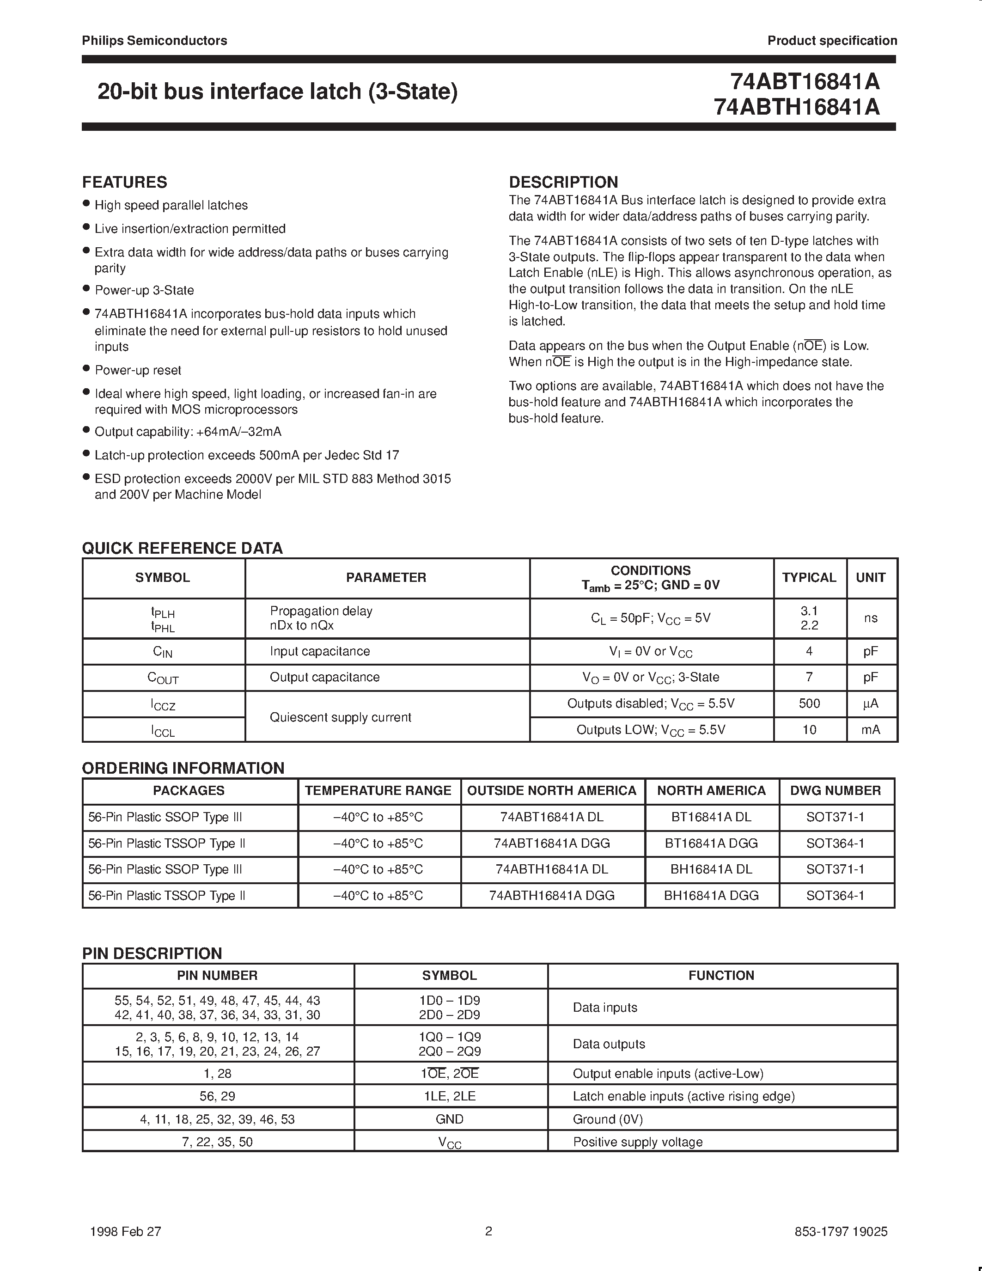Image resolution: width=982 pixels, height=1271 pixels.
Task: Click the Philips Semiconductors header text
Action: tap(154, 41)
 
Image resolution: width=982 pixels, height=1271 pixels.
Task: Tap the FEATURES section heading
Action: tap(124, 182)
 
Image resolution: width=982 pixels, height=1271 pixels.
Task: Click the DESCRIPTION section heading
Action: tap(563, 182)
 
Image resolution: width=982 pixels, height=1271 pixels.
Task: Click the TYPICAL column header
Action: tap(809, 577)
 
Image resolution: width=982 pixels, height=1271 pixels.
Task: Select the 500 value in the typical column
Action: tap(809, 703)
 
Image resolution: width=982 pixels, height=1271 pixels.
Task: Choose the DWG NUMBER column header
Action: tap(836, 790)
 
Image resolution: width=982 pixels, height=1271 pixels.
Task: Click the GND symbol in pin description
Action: tap(449, 1119)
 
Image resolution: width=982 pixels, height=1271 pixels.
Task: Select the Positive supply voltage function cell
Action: tap(638, 1142)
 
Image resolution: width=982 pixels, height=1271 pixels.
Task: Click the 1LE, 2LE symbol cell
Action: tap(449, 1096)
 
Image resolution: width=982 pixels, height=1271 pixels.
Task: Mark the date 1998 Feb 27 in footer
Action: tap(126, 1231)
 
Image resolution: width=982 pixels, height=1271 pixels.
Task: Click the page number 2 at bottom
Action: tap(488, 1231)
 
